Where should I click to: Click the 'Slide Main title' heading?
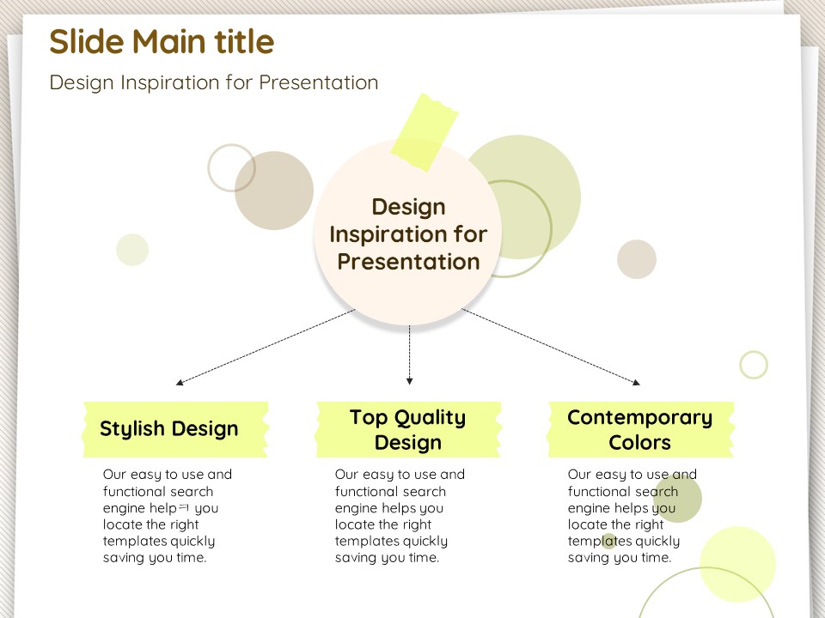click(x=162, y=41)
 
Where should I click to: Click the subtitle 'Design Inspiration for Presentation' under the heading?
click(x=214, y=82)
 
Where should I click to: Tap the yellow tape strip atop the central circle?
click(x=424, y=132)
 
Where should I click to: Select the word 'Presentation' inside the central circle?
click(x=408, y=262)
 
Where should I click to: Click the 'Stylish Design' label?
click(x=169, y=429)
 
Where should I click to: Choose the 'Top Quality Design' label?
click(x=407, y=429)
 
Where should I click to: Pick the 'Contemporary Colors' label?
click(x=639, y=429)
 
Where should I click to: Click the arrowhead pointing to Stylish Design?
click(x=180, y=383)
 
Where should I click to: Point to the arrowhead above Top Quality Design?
click(x=409, y=381)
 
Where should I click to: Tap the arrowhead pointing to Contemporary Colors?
click(x=636, y=382)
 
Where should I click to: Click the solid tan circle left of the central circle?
click(x=274, y=191)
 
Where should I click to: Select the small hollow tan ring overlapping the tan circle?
click(x=231, y=167)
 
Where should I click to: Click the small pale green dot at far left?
click(x=132, y=250)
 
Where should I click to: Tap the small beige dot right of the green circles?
click(x=637, y=259)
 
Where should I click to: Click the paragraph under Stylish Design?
click(x=168, y=516)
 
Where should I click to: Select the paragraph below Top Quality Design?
click(x=400, y=516)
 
